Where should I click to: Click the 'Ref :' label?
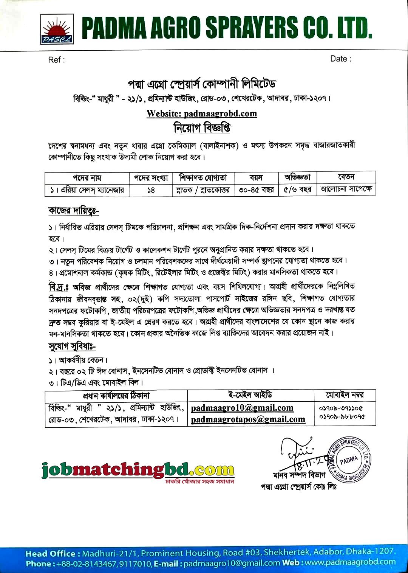pos(56,60)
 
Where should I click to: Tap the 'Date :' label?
pos(340,59)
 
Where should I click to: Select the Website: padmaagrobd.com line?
pos(202,113)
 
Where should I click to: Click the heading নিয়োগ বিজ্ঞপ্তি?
pos(202,128)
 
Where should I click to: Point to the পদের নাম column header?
pos(87,178)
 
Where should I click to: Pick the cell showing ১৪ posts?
pos(151,190)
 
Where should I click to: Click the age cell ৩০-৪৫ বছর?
pos(256,189)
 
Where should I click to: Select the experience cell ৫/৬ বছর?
pos(297,189)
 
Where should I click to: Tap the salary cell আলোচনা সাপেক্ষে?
pos(346,188)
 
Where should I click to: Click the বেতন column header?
pos(346,177)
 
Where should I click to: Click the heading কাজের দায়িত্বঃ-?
pos(74,211)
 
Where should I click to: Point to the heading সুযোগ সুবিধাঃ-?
pos(72,346)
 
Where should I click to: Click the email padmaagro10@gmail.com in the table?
pos(242,408)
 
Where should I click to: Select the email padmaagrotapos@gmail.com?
pos(248,419)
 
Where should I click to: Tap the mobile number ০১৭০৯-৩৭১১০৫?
pos(341,408)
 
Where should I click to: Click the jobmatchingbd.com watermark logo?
pos(138,470)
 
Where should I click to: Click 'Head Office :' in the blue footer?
pos(53,554)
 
